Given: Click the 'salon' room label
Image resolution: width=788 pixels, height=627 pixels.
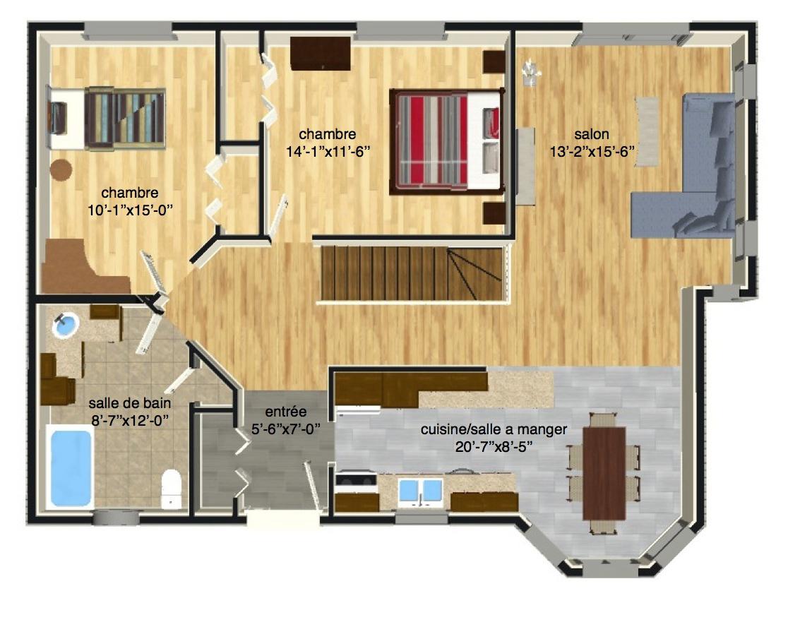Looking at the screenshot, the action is (592, 134).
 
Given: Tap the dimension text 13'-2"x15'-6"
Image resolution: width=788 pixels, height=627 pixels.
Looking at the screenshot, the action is (592, 151).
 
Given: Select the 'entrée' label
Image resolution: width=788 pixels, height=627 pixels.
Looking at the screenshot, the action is (285, 412).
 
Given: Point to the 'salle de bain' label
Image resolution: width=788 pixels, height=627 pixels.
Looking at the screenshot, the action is (130, 403).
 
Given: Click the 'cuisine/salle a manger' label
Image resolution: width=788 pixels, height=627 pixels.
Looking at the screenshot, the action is (494, 429).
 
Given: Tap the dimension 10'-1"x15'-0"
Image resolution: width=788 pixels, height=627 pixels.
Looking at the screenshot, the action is (130, 210).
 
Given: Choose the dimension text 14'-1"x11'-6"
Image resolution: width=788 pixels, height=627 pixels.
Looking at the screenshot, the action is (328, 151).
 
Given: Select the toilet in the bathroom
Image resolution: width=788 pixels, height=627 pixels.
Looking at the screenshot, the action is (172, 489).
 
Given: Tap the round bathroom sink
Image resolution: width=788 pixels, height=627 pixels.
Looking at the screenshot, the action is (66, 325).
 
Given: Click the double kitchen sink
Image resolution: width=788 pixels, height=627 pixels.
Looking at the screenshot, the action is (421, 490).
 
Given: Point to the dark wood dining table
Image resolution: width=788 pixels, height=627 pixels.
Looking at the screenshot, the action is (604, 473).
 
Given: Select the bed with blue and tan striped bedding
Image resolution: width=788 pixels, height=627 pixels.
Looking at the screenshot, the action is (106, 119).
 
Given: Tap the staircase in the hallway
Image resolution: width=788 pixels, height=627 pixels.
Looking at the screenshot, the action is (412, 273).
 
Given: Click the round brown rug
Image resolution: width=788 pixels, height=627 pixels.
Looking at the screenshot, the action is (61, 170).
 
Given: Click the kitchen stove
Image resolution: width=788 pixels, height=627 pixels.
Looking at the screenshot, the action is (356, 482).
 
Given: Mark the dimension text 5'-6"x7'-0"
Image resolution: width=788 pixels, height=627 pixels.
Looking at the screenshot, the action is (285, 429).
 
